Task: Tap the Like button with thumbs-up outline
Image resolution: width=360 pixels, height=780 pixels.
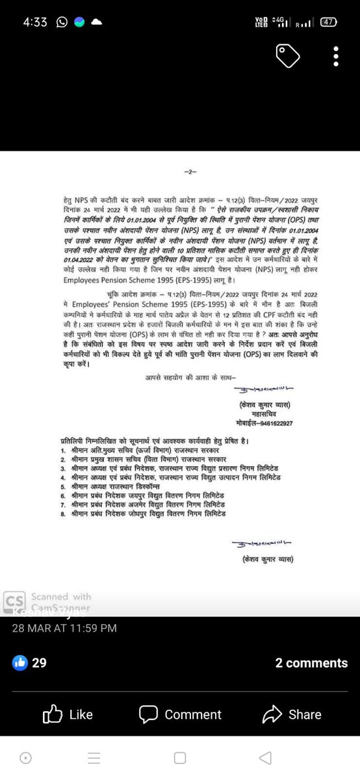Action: click(68, 714)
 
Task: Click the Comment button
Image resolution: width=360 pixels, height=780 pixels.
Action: click(181, 714)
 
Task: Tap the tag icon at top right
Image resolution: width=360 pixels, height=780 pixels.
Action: click(287, 56)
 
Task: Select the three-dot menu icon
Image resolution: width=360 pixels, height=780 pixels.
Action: click(335, 56)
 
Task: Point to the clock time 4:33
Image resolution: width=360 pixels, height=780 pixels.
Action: click(35, 22)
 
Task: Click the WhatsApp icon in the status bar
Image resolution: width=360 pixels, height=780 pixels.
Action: click(62, 22)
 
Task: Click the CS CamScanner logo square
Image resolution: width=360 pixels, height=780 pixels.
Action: click(13, 601)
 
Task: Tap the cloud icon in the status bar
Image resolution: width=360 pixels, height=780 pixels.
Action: click(97, 22)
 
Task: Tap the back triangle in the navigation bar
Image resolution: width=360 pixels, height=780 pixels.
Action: click(264, 758)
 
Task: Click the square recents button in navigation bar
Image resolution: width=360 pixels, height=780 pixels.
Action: click(180, 758)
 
